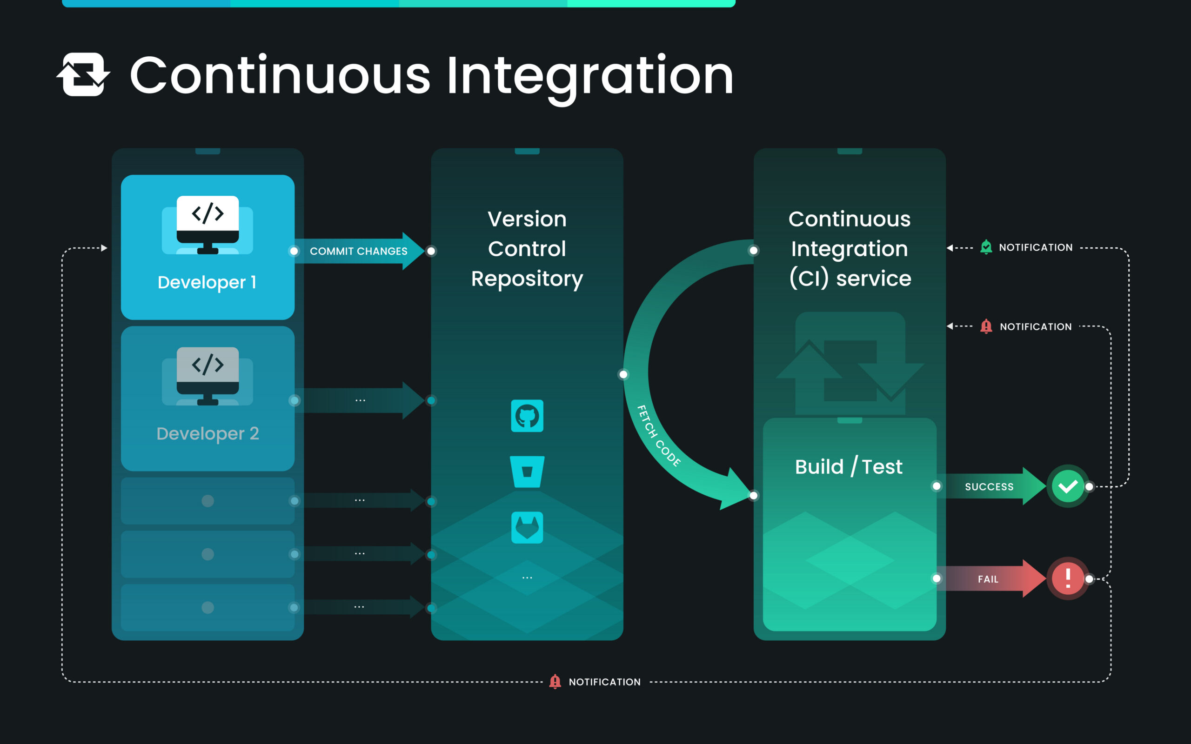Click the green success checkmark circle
pyautogui.click(x=1067, y=486)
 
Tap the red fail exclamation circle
pyautogui.click(x=1067, y=578)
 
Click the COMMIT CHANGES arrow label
pyautogui.click(x=358, y=252)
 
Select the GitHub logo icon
pyautogui.click(x=527, y=416)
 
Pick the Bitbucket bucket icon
pyautogui.click(x=527, y=472)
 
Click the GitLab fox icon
pyautogui.click(x=527, y=527)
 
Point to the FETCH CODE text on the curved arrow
pyautogui.click(x=658, y=436)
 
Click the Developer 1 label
pyautogui.click(x=207, y=282)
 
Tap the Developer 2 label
pyautogui.click(x=207, y=433)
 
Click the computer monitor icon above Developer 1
pyautogui.click(x=207, y=225)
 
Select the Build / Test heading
pyautogui.click(x=849, y=466)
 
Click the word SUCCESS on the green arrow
pyautogui.click(x=989, y=487)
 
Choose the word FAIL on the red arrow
pyautogui.click(x=988, y=579)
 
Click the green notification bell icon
pyautogui.click(x=986, y=247)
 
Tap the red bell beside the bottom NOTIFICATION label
pyautogui.click(x=555, y=682)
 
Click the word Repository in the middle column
pyautogui.click(x=527, y=279)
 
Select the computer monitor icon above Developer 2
pyautogui.click(x=207, y=376)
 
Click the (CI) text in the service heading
pyautogui.click(x=809, y=279)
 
